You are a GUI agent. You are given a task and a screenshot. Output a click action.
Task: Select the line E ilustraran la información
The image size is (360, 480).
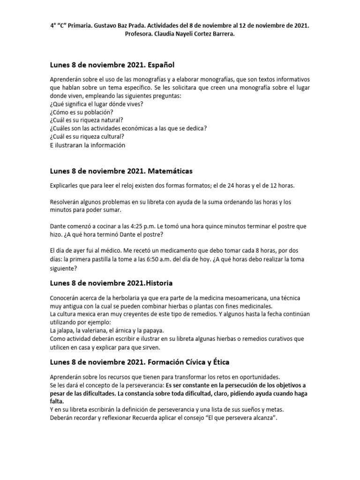coord(87,145)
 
